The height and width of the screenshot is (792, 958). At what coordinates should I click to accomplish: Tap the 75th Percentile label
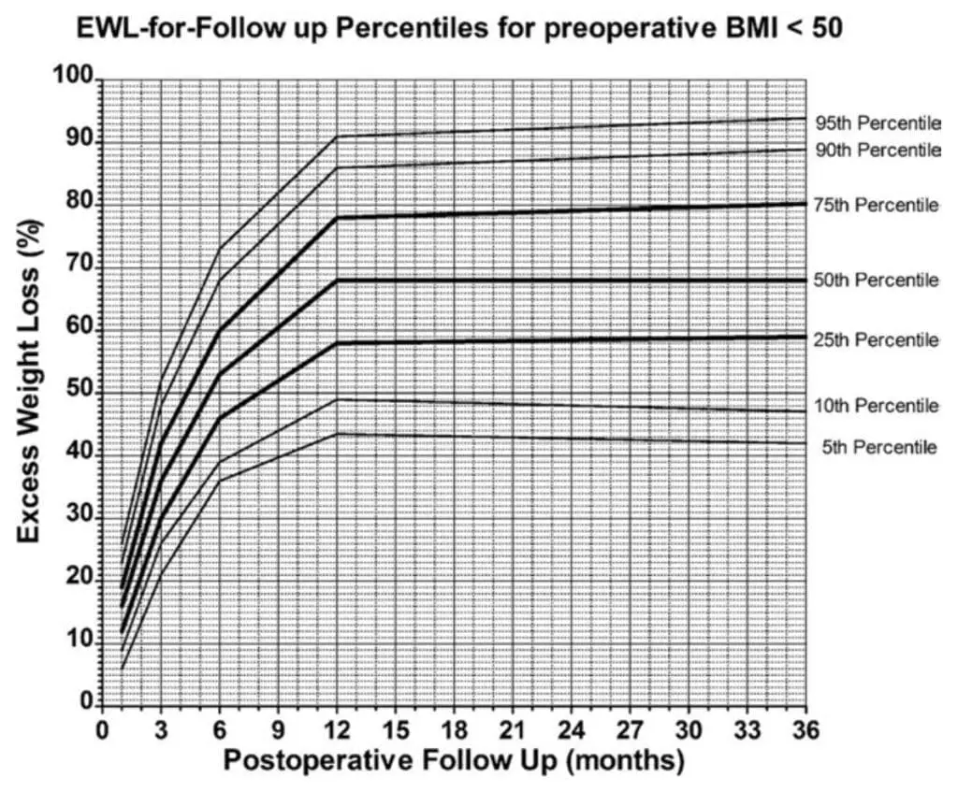coord(876,206)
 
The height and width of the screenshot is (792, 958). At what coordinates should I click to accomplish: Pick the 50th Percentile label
coord(876,281)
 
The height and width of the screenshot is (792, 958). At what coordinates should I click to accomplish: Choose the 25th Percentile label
coord(876,340)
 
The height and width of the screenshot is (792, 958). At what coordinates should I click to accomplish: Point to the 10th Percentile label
coord(876,406)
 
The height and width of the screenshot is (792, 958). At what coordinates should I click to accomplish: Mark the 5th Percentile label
coord(879,448)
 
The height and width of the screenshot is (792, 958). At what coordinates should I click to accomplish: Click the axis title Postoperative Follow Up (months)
coord(453,761)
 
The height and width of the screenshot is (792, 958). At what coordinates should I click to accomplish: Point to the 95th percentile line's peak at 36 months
coord(806,118)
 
